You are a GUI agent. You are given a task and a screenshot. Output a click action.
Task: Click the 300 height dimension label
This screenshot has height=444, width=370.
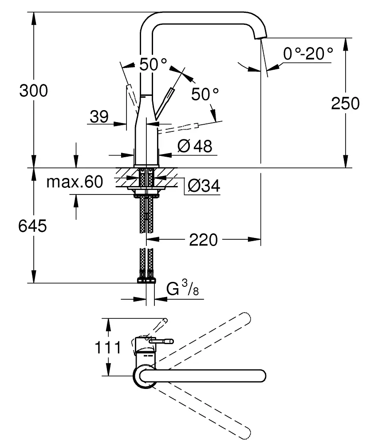pos(33,91)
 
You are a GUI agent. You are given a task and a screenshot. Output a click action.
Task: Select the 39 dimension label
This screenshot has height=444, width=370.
pos(99,117)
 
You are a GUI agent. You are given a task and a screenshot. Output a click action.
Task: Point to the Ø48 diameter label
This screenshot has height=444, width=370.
pos(194,146)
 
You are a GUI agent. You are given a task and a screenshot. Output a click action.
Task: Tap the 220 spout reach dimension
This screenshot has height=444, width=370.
pos(204,240)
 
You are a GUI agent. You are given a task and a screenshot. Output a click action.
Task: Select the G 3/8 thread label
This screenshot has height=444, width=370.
pos(182,289)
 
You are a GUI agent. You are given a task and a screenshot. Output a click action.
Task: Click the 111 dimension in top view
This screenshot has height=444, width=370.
pos(108,347)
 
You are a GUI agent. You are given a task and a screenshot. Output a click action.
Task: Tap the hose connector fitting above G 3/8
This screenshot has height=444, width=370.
pos(147,279)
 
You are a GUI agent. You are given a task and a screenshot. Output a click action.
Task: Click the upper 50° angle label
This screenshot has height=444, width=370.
pos(153,65)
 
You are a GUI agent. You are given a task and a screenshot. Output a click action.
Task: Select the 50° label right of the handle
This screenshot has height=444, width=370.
pos(205,94)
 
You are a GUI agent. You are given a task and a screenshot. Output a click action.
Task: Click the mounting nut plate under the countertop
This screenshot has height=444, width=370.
pos(147,192)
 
